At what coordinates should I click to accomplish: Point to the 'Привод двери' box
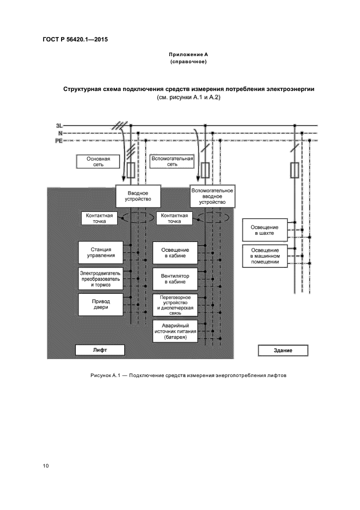[100, 304]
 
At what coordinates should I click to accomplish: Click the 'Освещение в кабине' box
[175, 252]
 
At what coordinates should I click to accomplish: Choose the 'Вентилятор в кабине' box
[175, 278]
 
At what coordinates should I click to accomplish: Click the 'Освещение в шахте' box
[264, 230]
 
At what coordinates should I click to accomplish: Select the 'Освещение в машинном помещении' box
[264, 255]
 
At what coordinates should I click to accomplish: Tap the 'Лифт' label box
[100, 350]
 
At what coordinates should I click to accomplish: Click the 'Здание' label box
[283, 350]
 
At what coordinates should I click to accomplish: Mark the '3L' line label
[59, 126]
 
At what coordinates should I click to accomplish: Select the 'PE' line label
[59, 141]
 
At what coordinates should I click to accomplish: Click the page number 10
[46, 466]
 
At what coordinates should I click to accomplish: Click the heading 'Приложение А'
[188, 55]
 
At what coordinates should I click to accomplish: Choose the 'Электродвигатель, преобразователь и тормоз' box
[100, 278]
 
